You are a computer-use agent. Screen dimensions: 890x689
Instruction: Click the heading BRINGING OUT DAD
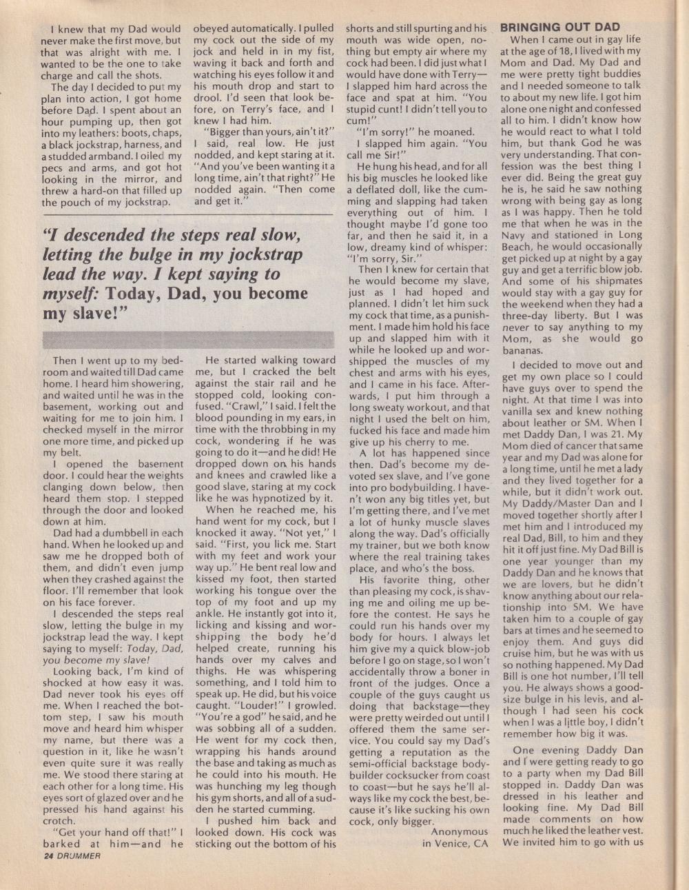click(559, 28)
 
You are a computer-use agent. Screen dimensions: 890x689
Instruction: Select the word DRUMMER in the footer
click(80, 856)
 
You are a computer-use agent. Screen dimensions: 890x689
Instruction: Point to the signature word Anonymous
click(459, 832)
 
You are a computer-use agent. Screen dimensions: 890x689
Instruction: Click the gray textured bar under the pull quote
click(188, 338)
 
